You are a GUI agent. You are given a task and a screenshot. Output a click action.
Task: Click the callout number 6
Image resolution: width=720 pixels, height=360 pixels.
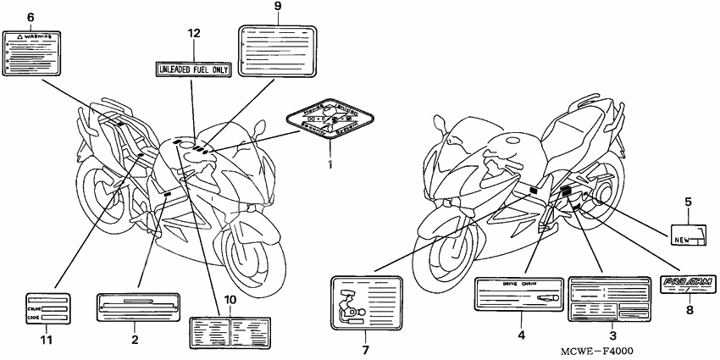tap(31, 17)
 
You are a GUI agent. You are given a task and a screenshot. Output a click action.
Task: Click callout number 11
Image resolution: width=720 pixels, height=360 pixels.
tap(47, 340)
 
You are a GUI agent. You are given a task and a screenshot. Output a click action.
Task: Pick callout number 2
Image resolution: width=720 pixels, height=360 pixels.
tap(134, 340)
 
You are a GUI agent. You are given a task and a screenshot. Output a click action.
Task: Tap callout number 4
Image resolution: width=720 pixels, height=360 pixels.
tap(522, 335)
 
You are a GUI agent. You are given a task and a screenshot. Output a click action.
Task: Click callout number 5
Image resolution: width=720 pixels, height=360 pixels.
tap(689, 202)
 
